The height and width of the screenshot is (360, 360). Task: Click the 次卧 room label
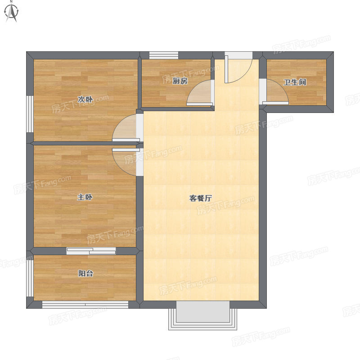pos(85,99)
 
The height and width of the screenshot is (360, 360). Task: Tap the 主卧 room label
pos(85,197)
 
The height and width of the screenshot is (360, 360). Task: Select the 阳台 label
pos(85,274)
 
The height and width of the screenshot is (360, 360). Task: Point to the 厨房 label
pos(180,81)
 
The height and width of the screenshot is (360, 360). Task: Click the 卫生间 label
pos(295,82)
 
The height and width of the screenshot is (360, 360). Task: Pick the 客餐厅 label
pos(200,198)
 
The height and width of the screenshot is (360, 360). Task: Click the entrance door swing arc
pos(245,75)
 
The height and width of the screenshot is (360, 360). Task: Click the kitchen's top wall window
pos(164,55)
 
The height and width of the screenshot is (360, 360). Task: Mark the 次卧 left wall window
pos(30,114)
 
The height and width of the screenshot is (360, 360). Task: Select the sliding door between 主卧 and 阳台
pos(91,251)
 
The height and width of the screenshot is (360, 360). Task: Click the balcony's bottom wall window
pos(85,305)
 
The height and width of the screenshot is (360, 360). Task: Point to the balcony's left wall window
pos(30,278)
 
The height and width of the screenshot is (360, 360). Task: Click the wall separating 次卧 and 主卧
pos(85,144)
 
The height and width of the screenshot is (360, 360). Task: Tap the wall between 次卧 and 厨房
pos(139,83)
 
